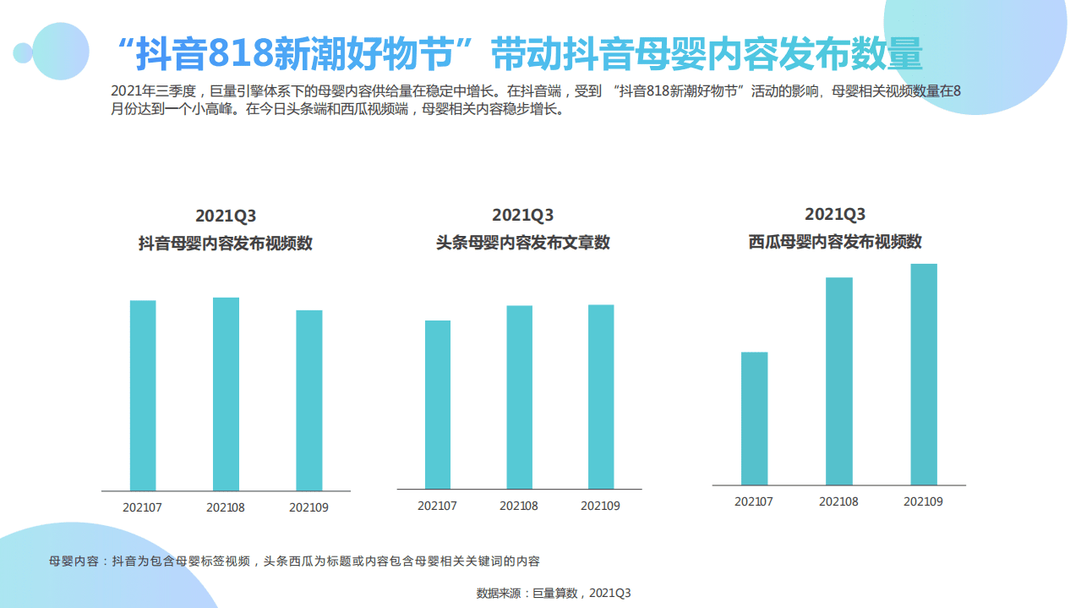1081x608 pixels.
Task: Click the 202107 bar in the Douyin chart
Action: (143, 395)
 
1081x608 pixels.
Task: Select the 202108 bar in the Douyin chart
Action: (226, 393)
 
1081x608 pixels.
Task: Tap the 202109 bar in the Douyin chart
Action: (308, 400)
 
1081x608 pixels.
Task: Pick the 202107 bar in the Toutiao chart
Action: (437, 404)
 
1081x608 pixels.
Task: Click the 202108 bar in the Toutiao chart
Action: (519, 397)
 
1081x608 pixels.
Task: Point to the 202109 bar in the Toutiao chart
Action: (601, 397)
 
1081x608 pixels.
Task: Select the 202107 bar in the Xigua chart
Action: (754, 418)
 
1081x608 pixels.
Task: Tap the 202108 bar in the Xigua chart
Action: (838, 381)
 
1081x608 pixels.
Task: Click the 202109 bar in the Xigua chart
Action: (923, 374)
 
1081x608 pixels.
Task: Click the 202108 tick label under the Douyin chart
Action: (226, 508)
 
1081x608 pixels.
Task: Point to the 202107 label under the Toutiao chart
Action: (437, 506)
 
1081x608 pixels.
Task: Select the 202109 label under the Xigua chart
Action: (923, 501)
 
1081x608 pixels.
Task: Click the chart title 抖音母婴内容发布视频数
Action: (226, 244)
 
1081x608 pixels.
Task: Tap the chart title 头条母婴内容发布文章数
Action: (522, 243)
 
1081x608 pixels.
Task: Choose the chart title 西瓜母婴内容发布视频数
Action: (835, 242)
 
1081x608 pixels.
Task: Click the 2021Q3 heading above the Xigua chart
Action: (835, 214)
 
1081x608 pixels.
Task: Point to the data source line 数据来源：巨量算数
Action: (554, 593)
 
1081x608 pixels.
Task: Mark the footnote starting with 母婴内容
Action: (295, 561)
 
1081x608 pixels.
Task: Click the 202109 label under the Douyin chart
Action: (308, 508)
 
